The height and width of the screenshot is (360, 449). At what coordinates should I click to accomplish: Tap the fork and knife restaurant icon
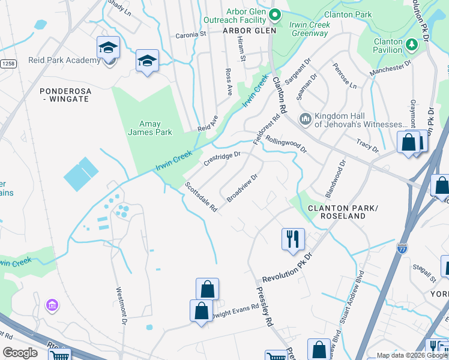294,239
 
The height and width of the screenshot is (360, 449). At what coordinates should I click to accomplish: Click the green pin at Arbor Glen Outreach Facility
275,14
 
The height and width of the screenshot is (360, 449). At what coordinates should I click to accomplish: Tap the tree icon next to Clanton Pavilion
412,44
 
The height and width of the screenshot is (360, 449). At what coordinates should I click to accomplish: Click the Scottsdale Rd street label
200,197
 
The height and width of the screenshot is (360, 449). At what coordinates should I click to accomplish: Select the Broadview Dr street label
243,187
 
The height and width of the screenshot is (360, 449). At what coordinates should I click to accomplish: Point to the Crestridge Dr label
221,159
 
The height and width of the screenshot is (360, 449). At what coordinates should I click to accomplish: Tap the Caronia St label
190,35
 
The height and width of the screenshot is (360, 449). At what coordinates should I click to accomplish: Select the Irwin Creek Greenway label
309,29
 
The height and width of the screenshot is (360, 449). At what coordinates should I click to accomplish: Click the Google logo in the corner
20,353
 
